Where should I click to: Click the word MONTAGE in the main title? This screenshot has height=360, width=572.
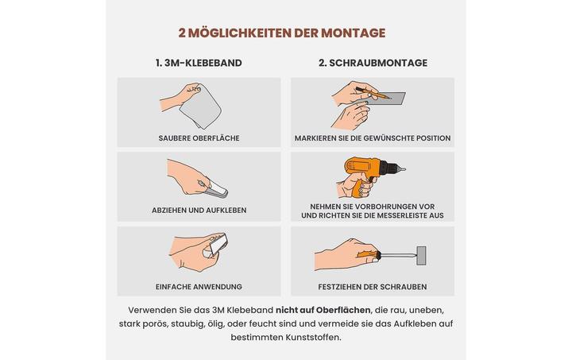coord(353,33)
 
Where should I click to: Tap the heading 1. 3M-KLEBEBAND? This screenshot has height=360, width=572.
coord(199,63)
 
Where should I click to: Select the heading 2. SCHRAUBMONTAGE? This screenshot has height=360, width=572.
coord(373,63)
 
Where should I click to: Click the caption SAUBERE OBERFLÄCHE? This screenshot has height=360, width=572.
coord(199,138)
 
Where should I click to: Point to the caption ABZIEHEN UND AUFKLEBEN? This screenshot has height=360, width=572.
coord(199,210)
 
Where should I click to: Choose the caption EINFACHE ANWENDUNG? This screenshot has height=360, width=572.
coord(199,286)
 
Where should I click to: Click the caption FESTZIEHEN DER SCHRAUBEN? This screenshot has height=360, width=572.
coord(372,286)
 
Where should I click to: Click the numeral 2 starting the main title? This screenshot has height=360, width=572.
coord(182,33)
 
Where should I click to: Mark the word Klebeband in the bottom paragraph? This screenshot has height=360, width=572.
coord(247,309)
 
